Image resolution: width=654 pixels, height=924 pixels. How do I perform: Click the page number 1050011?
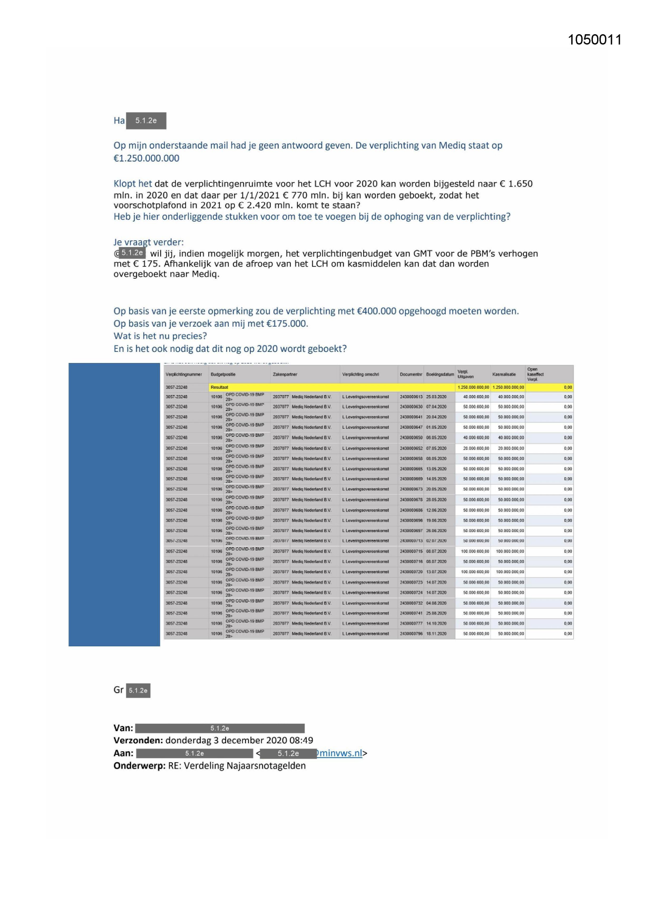pos(594,40)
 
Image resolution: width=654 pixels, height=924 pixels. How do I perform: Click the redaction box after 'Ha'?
pos(146,121)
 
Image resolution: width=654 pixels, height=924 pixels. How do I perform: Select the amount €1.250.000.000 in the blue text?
pos(147,159)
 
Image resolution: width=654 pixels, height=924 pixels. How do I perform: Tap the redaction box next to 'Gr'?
pos(138,690)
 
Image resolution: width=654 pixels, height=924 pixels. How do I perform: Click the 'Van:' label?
pos(123,728)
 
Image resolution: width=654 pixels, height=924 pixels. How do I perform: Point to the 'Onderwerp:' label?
pos(140,765)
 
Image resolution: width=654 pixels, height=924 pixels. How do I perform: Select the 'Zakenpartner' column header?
pos(285,375)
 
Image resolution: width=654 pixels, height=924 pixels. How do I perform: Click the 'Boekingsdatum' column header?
pos(440,375)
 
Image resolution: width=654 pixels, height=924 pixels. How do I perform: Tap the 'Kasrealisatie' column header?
pos(504,375)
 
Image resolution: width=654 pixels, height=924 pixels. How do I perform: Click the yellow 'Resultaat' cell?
pos(220,387)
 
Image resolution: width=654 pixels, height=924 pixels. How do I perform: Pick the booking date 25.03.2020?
pos(436,397)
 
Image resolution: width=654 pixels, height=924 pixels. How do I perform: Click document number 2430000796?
pos(411,634)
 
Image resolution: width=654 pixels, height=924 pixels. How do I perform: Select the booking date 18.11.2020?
pos(436,634)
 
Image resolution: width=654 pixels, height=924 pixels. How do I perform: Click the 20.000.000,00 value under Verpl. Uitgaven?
pos(476,448)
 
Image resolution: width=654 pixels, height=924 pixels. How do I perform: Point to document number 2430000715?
pos(411,552)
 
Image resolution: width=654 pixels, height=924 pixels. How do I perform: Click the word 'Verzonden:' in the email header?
pos(138,740)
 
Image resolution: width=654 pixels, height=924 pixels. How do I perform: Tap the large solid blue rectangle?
pos(114,504)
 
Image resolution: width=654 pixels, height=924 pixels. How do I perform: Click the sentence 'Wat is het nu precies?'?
pos(160,336)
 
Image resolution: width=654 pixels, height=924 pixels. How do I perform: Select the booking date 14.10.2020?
pos(436,623)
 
